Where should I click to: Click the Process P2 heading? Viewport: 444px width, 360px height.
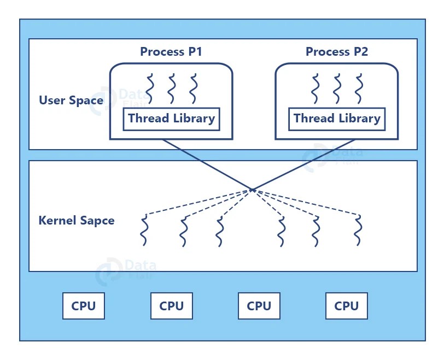[336, 52]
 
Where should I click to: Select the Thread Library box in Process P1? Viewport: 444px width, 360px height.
[171, 119]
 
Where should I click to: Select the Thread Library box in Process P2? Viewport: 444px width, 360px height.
[337, 119]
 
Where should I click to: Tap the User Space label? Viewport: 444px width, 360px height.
[71, 101]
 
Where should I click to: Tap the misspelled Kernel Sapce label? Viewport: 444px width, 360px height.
[77, 221]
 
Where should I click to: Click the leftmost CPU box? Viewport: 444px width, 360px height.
[84, 306]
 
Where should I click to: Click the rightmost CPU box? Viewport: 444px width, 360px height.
[346, 306]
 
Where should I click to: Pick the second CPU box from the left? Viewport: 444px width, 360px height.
[171, 306]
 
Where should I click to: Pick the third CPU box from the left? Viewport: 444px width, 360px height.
[259, 306]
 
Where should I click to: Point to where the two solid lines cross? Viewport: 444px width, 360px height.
[252, 190]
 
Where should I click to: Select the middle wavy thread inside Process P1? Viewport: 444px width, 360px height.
[171, 89]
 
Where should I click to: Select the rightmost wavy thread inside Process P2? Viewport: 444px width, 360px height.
[359, 89]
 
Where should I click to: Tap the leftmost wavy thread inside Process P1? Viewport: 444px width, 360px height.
[150, 89]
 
